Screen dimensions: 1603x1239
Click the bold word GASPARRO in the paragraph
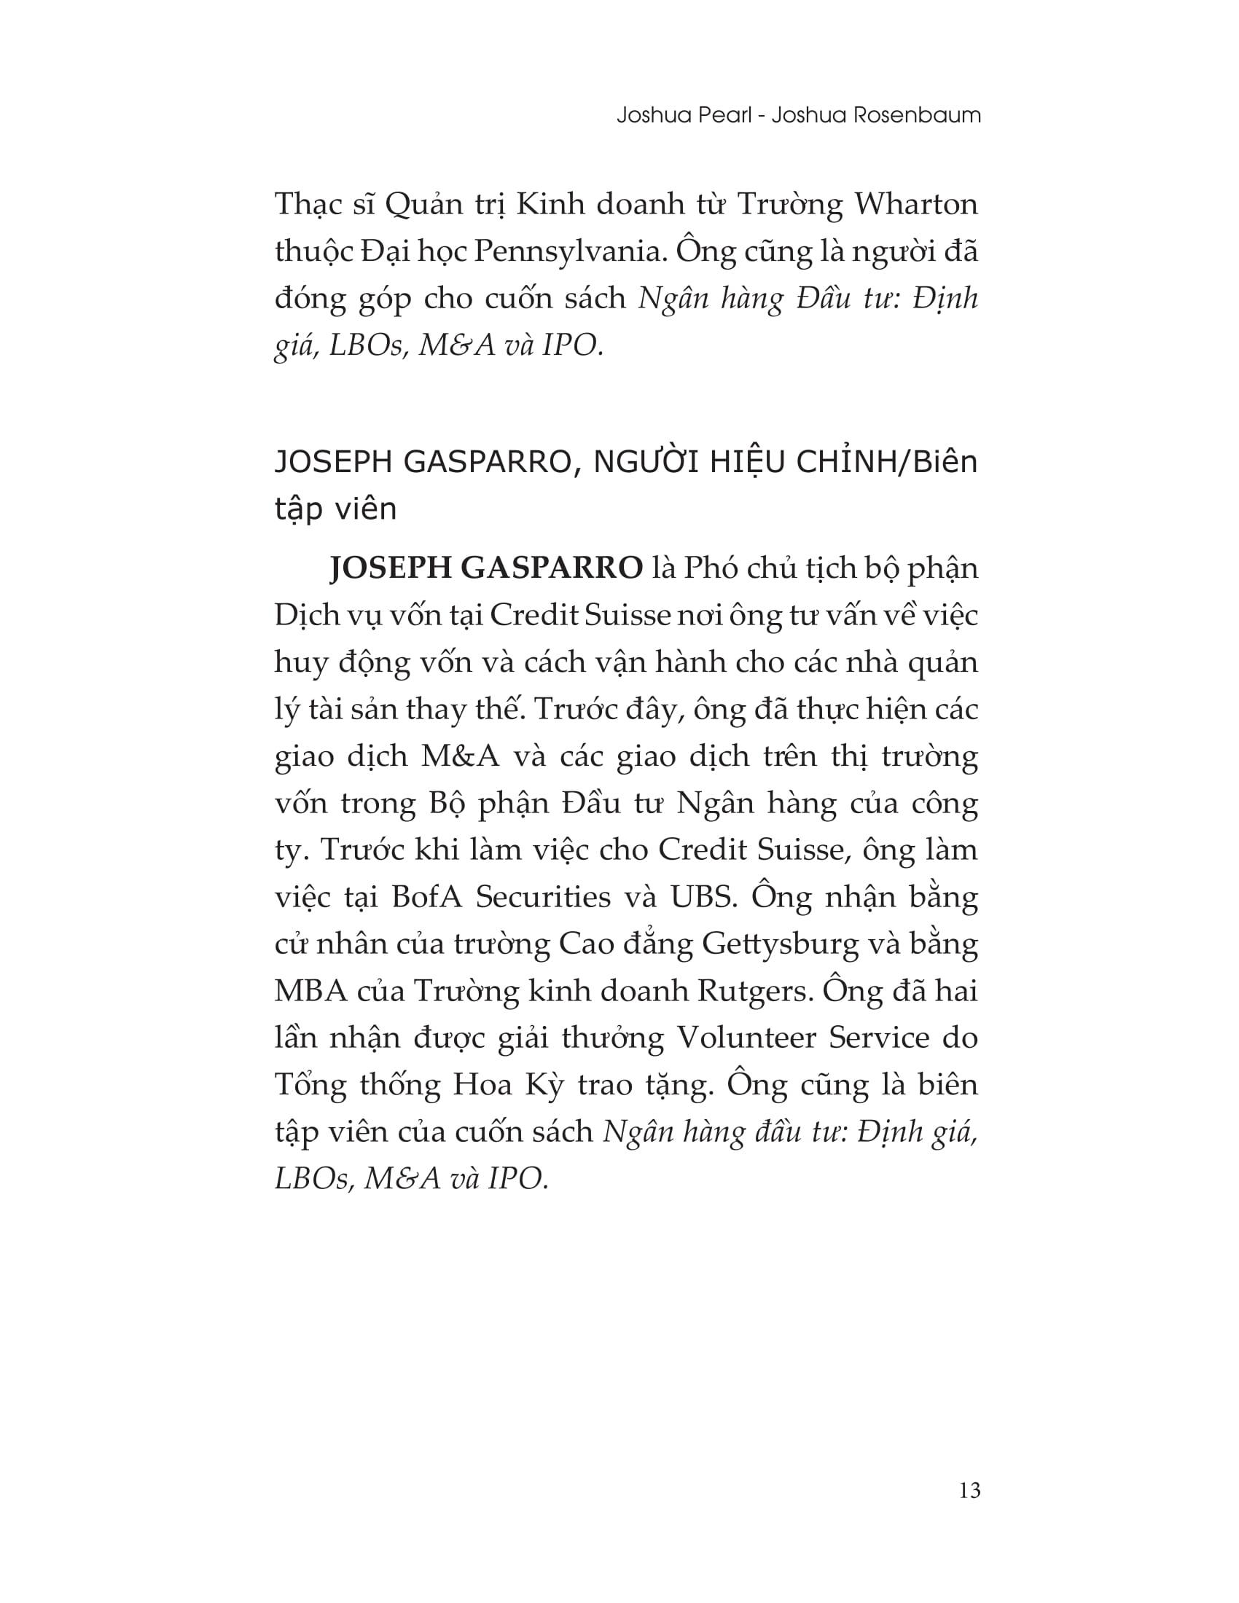(x=554, y=569)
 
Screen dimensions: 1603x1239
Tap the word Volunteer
(x=745, y=1038)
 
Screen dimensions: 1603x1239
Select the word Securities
(x=543, y=897)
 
